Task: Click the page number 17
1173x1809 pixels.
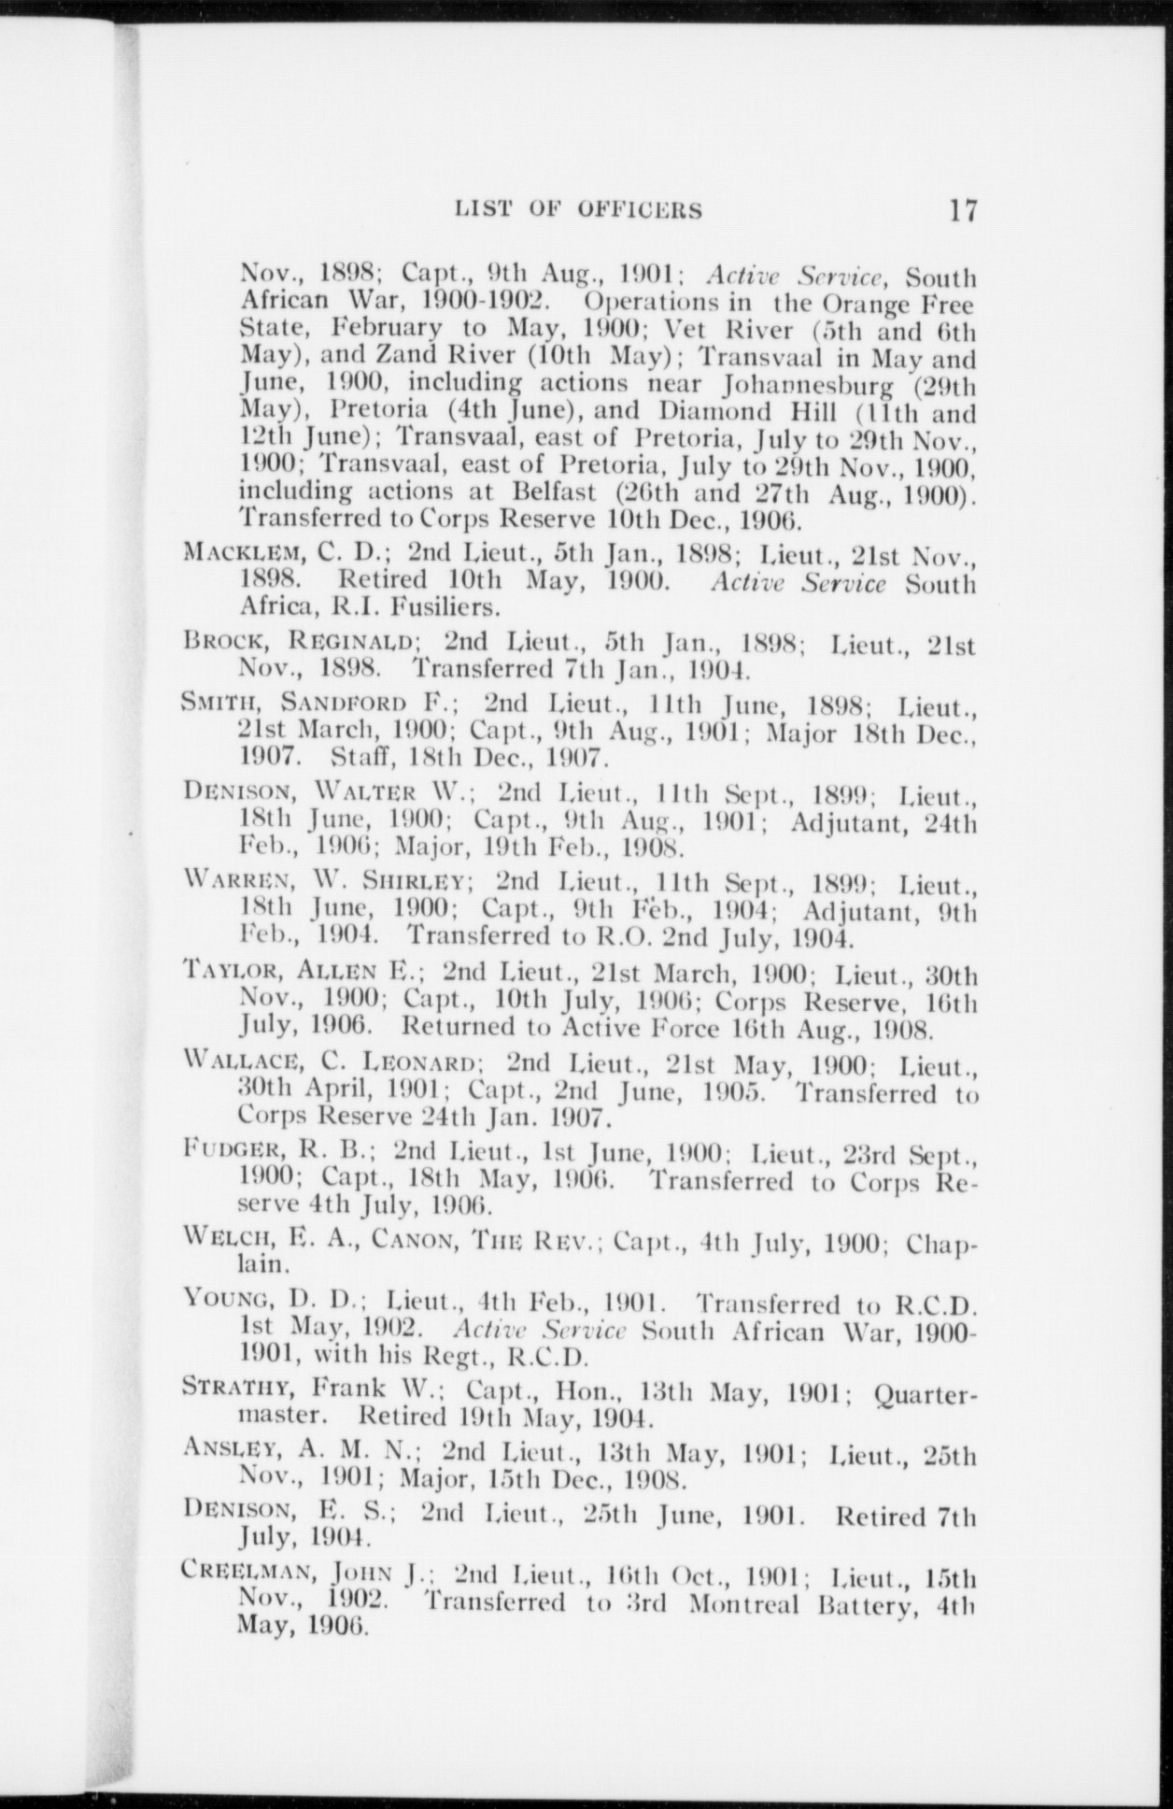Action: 962,209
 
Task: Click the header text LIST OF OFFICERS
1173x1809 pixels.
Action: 578,210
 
